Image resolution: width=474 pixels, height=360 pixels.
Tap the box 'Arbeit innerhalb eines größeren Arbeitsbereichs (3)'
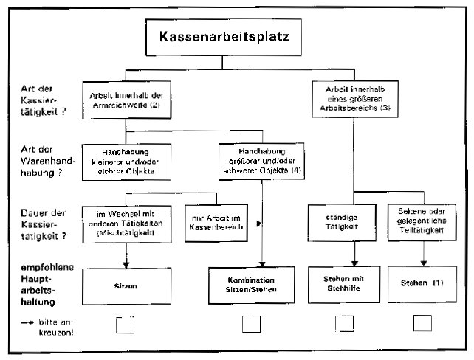[352, 100]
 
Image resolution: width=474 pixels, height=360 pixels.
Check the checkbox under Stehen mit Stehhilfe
[343, 324]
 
